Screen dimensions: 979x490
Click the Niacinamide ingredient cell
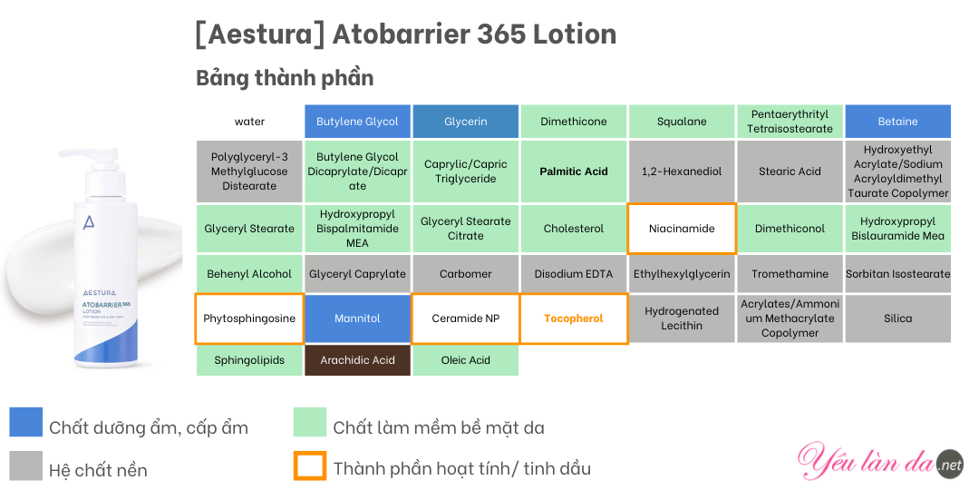(x=682, y=228)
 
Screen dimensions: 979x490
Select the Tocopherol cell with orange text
(x=574, y=318)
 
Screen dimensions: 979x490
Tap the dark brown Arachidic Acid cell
(x=358, y=360)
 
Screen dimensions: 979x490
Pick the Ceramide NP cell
(x=466, y=318)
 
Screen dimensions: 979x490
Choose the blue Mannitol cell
(x=358, y=318)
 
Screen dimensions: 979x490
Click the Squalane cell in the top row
(x=682, y=122)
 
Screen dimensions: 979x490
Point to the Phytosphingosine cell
(x=249, y=318)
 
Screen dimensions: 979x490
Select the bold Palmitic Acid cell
(x=574, y=171)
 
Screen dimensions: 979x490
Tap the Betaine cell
(x=897, y=122)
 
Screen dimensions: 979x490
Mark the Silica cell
(x=897, y=318)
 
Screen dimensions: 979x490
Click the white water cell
(x=250, y=122)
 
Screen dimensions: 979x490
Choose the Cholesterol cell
(x=574, y=228)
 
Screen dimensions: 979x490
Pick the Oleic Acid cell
(x=466, y=360)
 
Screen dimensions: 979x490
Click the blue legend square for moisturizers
(x=26, y=422)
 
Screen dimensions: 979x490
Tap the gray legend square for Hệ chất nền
(x=26, y=465)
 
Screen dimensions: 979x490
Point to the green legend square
(x=310, y=422)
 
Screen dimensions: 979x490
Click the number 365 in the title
(x=501, y=34)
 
